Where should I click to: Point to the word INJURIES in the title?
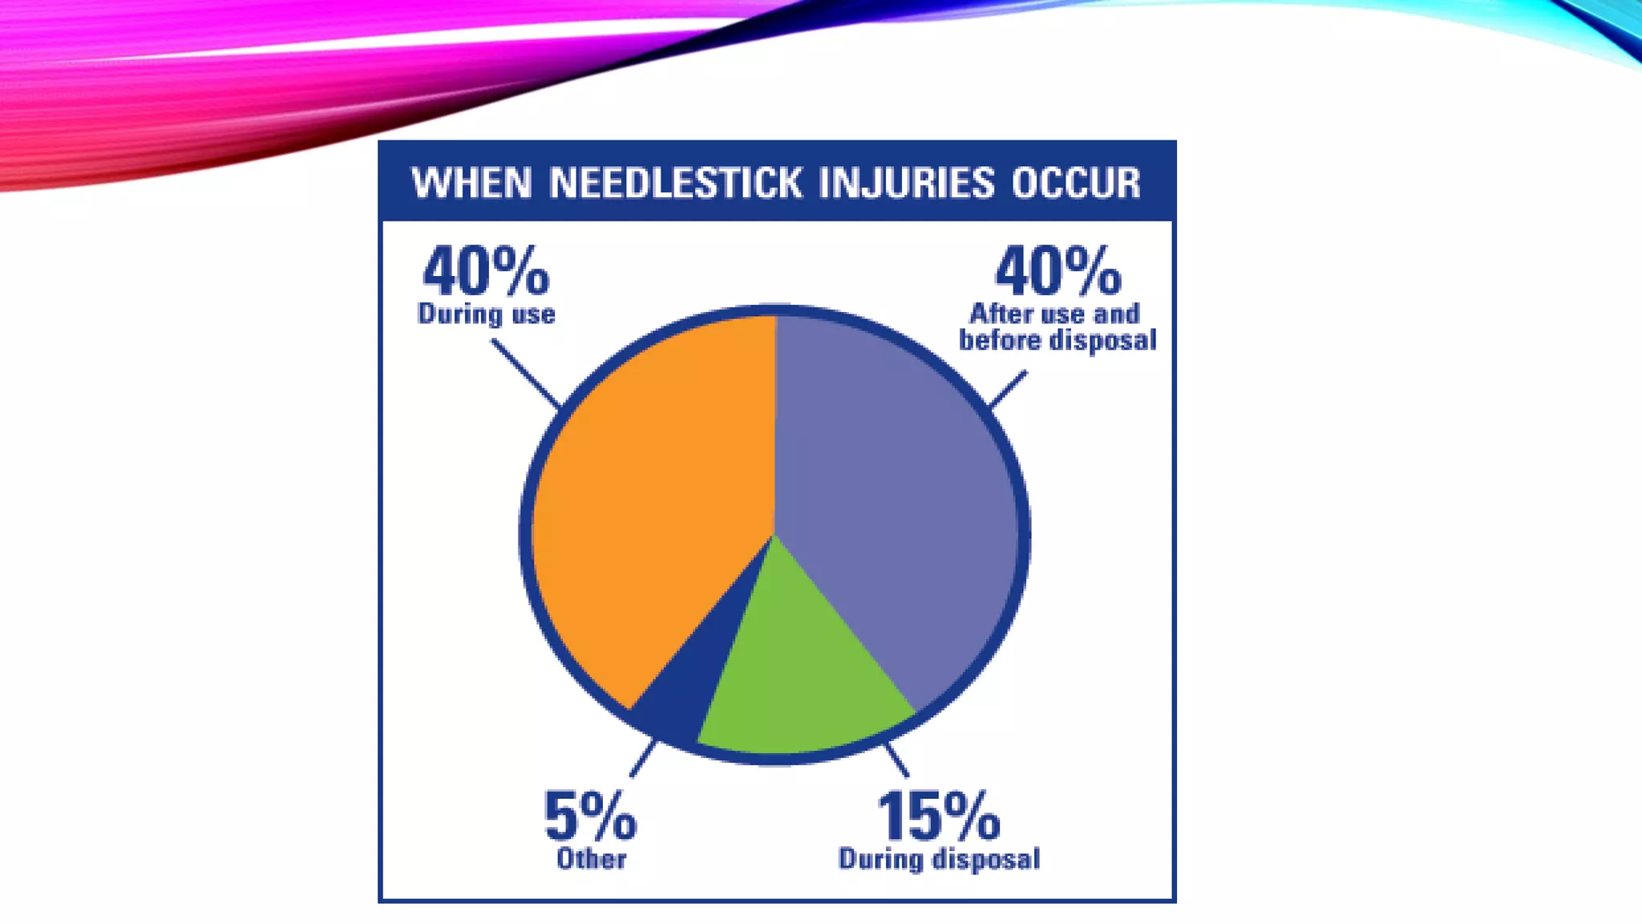pyautogui.click(x=906, y=183)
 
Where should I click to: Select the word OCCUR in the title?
pyautogui.click(x=1075, y=183)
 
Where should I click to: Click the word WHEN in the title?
pyautogui.click(x=471, y=183)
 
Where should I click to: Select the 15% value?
pyautogui.click(x=939, y=817)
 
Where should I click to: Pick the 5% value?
pyautogui.click(x=590, y=817)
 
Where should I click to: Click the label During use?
pyautogui.click(x=486, y=314)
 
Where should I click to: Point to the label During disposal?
pyautogui.click(x=939, y=859)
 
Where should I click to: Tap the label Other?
pyautogui.click(x=591, y=859)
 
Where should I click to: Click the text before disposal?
pyautogui.click(x=1058, y=340)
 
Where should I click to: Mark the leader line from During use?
pyautogui.click(x=525, y=374)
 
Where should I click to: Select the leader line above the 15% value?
pyautogui.click(x=896, y=760)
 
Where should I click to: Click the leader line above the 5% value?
pyautogui.click(x=643, y=759)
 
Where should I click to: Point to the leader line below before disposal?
pyautogui.click(x=1008, y=389)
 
